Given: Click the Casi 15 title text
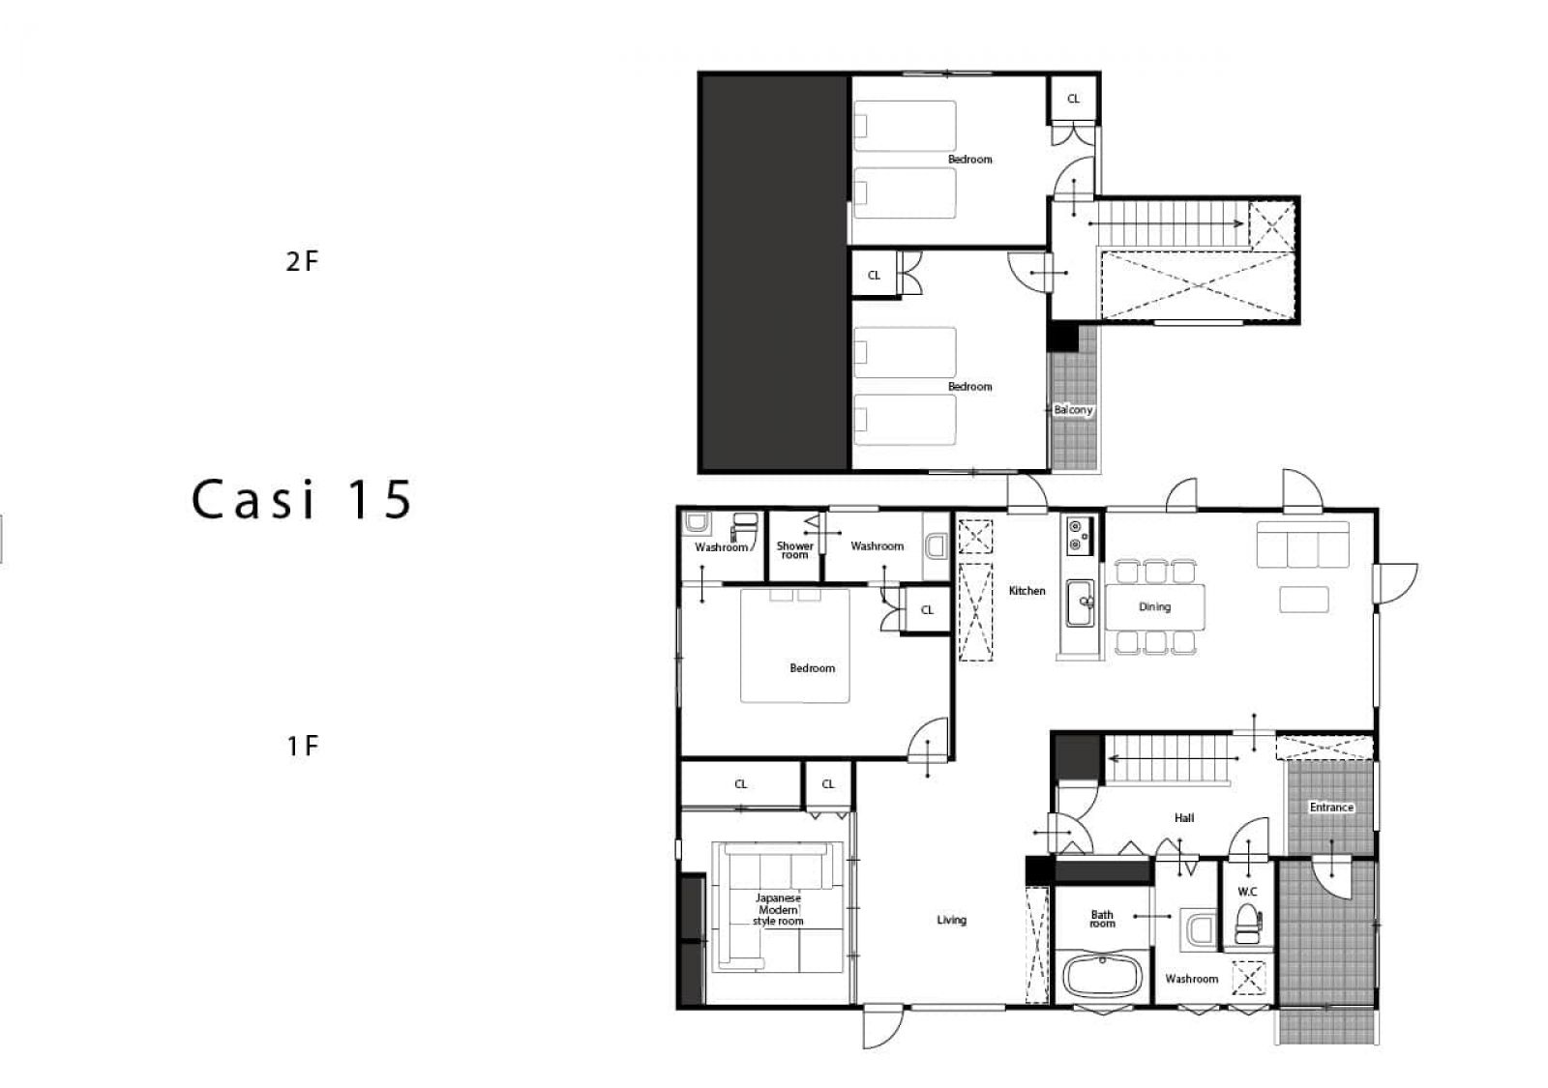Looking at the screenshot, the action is (x=302, y=499).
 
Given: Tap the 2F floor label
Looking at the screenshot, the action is (x=302, y=261).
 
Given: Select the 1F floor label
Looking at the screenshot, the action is (x=302, y=746).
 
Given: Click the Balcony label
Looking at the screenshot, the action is (x=1073, y=410).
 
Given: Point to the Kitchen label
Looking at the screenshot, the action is (x=1027, y=591).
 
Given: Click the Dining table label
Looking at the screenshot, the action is (x=1155, y=607).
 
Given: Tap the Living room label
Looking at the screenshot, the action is (x=952, y=920).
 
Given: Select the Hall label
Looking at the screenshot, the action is (x=1184, y=818).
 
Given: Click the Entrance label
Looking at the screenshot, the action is (x=1331, y=807).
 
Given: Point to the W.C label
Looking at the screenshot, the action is (x=1247, y=892).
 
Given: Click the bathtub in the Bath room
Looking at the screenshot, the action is (x=1102, y=976).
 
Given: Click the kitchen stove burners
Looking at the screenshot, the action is (x=1076, y=536).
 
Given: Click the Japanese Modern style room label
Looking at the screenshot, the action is (x=778, y=909).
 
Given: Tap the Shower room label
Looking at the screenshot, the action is (x=794, y=550).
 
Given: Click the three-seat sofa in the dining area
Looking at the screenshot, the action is (x=1302, y=544).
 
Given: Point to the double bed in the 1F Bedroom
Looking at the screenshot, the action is (x=794, y=645).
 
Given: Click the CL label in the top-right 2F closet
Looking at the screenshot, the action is (x=1073, y=99).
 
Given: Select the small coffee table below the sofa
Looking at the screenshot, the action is (x=1304, y=599).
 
